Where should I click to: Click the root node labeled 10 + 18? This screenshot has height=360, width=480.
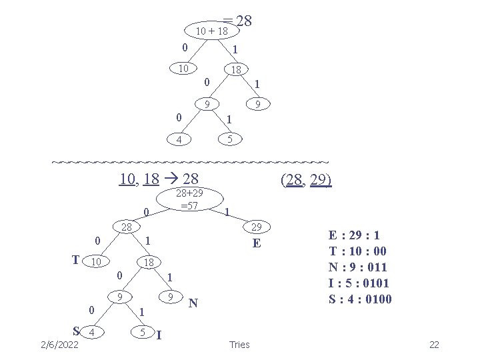[x=211, y=31]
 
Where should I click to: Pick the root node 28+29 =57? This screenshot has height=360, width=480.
[x=189, y=199]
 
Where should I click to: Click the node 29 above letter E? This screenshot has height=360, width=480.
[x=256, y=227]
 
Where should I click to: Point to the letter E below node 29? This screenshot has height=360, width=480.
[x=256, y=244]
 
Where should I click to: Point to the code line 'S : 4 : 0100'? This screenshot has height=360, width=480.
[x=360, y=298]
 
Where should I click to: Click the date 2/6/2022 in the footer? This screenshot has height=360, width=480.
[x=59, y=344]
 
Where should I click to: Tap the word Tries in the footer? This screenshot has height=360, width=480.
[x=239, y=344]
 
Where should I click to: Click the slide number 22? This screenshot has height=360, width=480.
[x=434, y=344]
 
